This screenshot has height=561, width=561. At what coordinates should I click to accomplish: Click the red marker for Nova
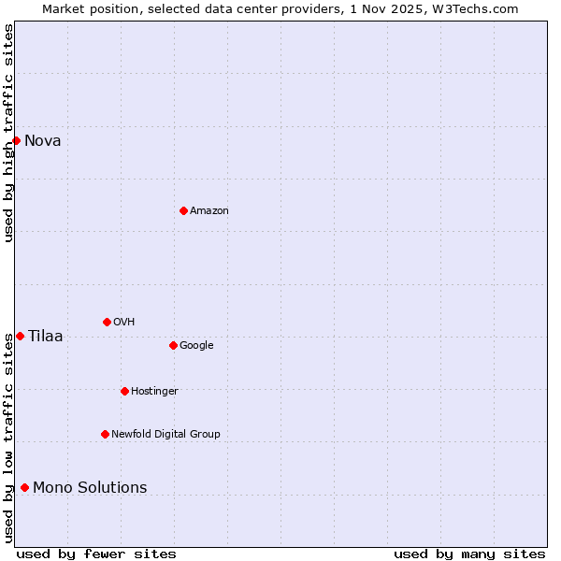[x=16, y=140]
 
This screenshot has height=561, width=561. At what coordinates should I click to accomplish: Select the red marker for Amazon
[x=183, y=210]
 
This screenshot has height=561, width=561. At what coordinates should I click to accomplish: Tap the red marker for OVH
[x=107, y=322]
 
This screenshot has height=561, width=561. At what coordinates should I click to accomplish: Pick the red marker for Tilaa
[x=20, y=336]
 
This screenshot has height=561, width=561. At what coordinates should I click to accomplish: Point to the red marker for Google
[x=173, y=345]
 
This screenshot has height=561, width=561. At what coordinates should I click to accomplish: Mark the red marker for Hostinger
[x=124, y=391]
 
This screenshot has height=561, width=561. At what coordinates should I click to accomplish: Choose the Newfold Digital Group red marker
[x=105, y=434]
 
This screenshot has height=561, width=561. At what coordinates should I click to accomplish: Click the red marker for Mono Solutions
[x=24, y=487]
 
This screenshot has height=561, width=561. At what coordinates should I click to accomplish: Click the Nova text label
[x=43, y=141]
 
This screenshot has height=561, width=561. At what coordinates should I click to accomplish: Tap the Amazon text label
[x=209, y=211]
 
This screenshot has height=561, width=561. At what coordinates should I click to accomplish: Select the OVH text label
[x=124, y=323]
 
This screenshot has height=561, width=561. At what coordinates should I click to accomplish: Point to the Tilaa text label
[x=46, y=337]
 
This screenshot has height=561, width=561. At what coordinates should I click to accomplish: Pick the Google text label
[x=196, y=346]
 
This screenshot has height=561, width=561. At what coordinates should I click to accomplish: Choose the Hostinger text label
[x=154, y=392]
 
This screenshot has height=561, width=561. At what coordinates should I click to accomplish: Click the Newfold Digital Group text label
[x=165, y=435]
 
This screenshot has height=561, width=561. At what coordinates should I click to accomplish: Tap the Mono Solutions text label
[x=90, y=488]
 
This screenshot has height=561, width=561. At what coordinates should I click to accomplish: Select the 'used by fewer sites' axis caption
[x=96, y=554]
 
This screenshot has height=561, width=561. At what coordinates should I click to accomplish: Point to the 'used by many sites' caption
[x=469, y=554]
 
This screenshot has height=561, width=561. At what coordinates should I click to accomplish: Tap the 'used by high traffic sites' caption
[x=8, y=133]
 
